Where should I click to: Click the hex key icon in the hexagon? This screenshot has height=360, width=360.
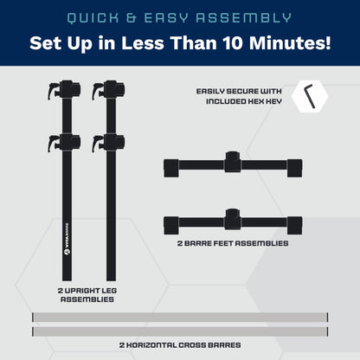(311, 96)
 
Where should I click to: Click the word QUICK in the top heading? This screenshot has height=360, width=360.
(93, 18)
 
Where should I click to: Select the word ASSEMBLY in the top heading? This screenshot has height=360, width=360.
(244, 18)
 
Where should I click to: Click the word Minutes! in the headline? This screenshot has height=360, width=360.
(290, 43)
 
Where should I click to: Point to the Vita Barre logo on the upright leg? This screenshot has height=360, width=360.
(67, 239)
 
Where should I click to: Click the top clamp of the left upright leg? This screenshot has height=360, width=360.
(64, 90)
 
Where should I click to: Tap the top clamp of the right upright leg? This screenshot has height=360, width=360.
(108, 90)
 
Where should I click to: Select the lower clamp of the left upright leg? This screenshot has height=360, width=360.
(64, 143)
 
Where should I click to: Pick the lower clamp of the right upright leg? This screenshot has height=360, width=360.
(108, 143)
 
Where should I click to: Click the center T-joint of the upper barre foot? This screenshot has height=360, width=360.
(233, 162)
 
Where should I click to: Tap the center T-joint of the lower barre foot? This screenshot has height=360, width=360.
(233, 219)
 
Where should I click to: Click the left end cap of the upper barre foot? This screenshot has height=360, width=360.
(171, 168)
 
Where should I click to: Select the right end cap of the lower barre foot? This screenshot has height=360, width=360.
(294, 225)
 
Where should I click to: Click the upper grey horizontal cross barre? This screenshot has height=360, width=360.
(180, 317)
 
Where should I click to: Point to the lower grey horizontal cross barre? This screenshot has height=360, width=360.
(180, 331)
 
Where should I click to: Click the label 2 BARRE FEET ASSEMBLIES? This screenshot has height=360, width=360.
(233, 243)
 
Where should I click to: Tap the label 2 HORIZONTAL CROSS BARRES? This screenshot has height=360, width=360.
(180, 345)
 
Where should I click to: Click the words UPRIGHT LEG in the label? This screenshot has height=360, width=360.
(91, 291)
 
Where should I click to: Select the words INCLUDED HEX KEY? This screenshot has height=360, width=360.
(244, 101)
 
